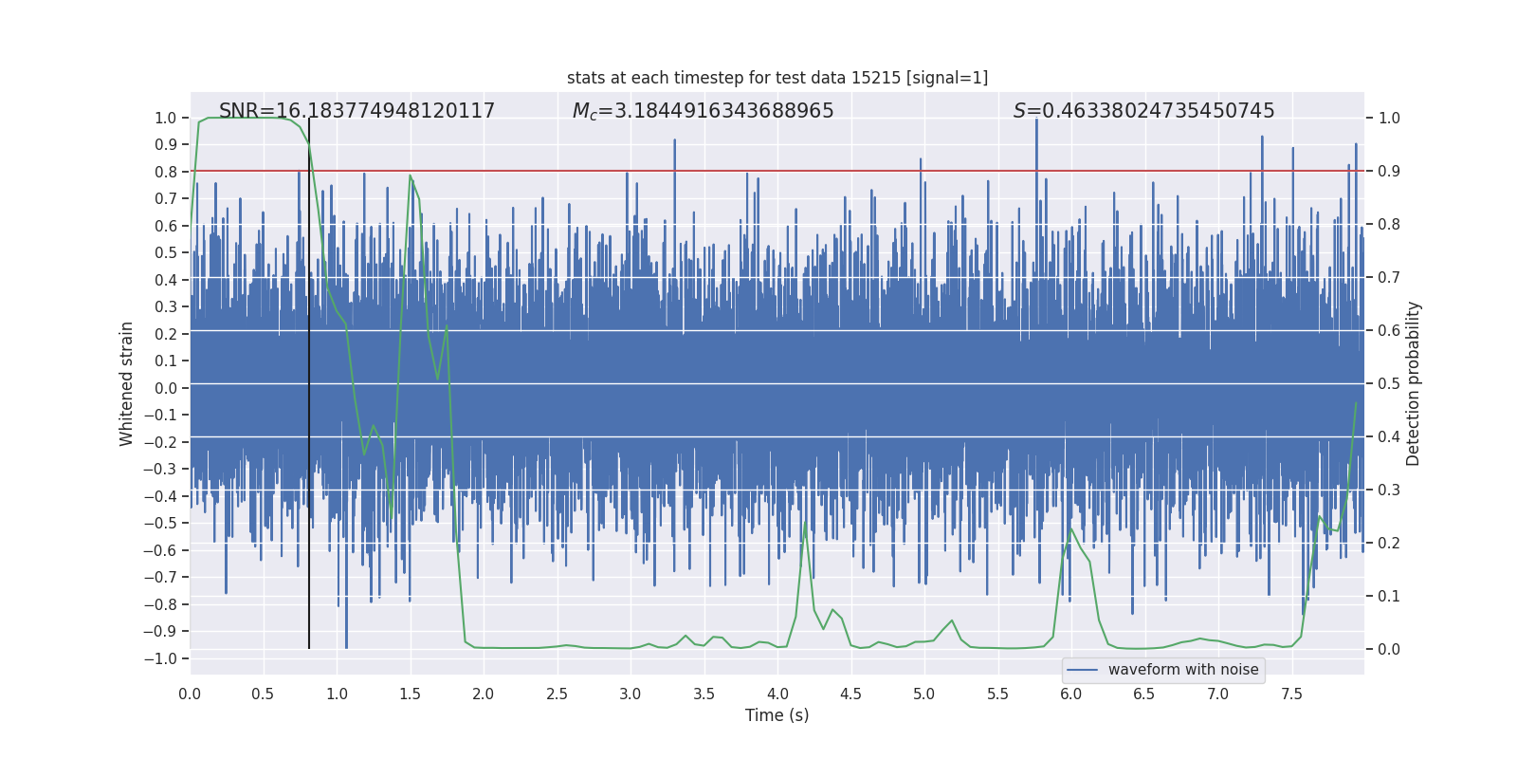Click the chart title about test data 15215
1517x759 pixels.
(x=777, y=78)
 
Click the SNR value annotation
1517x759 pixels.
(x=356, y=111)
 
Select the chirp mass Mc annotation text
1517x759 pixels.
(x=703, y=111)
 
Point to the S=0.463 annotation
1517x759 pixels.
(x=1143, y=111)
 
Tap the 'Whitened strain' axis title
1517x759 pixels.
(x=127, y=383)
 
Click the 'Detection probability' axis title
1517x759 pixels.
(x=1414, y=383)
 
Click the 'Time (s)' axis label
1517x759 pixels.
(x=777, y=715)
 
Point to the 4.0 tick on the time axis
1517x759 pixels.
(x=777, y=694)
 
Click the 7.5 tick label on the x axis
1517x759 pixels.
(x=1291, y=694)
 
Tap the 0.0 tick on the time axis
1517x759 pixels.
(x=190, y=694)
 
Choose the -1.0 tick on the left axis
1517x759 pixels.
(x=165, y=658)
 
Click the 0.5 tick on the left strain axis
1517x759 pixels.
(x=166, y=252)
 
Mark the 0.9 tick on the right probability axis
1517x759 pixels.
(x=1389, y=172)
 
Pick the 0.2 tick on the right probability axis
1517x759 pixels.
(x=1389, y=544)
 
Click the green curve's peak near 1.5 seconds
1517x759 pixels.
(x=411, y=176)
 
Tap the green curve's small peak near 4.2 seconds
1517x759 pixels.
(x=805, y=523)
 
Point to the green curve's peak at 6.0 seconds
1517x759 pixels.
(x=1071, y=528)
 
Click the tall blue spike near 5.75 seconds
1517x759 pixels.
(x=1036, y=123)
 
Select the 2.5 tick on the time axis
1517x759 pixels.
(x=557, y=694)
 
